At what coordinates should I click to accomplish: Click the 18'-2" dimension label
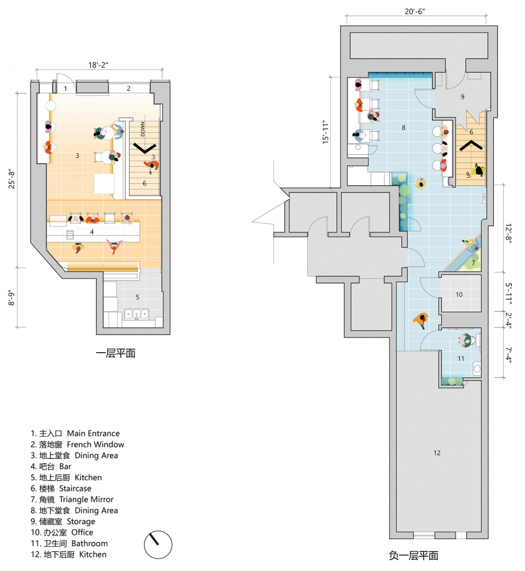coord(98,65)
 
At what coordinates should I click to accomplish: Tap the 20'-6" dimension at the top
coord(415,11)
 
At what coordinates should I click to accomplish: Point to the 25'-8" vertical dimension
coord(12,179)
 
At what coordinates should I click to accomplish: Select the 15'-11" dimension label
coord(325,132)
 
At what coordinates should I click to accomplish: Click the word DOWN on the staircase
coord(143,129)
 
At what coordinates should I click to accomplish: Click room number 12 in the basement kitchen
coord(437,453)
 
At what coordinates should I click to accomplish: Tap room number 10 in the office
coord(459,294)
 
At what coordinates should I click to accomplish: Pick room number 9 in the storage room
coord(462,96)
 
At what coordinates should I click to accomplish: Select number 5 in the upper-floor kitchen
coord(137,297)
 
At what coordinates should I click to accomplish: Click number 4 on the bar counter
coord(92,231)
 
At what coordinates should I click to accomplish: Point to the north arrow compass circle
coord(158,545)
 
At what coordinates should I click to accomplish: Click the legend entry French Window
coord(77,444)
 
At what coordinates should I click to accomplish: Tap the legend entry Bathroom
coord(69,543)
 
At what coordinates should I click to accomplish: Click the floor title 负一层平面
coord(413,556)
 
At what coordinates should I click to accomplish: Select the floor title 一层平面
coord(116,353)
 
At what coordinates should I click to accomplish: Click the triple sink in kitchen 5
coord(137,313)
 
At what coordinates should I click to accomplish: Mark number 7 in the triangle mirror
coord(473,263)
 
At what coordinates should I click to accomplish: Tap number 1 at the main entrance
coord(66,89)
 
